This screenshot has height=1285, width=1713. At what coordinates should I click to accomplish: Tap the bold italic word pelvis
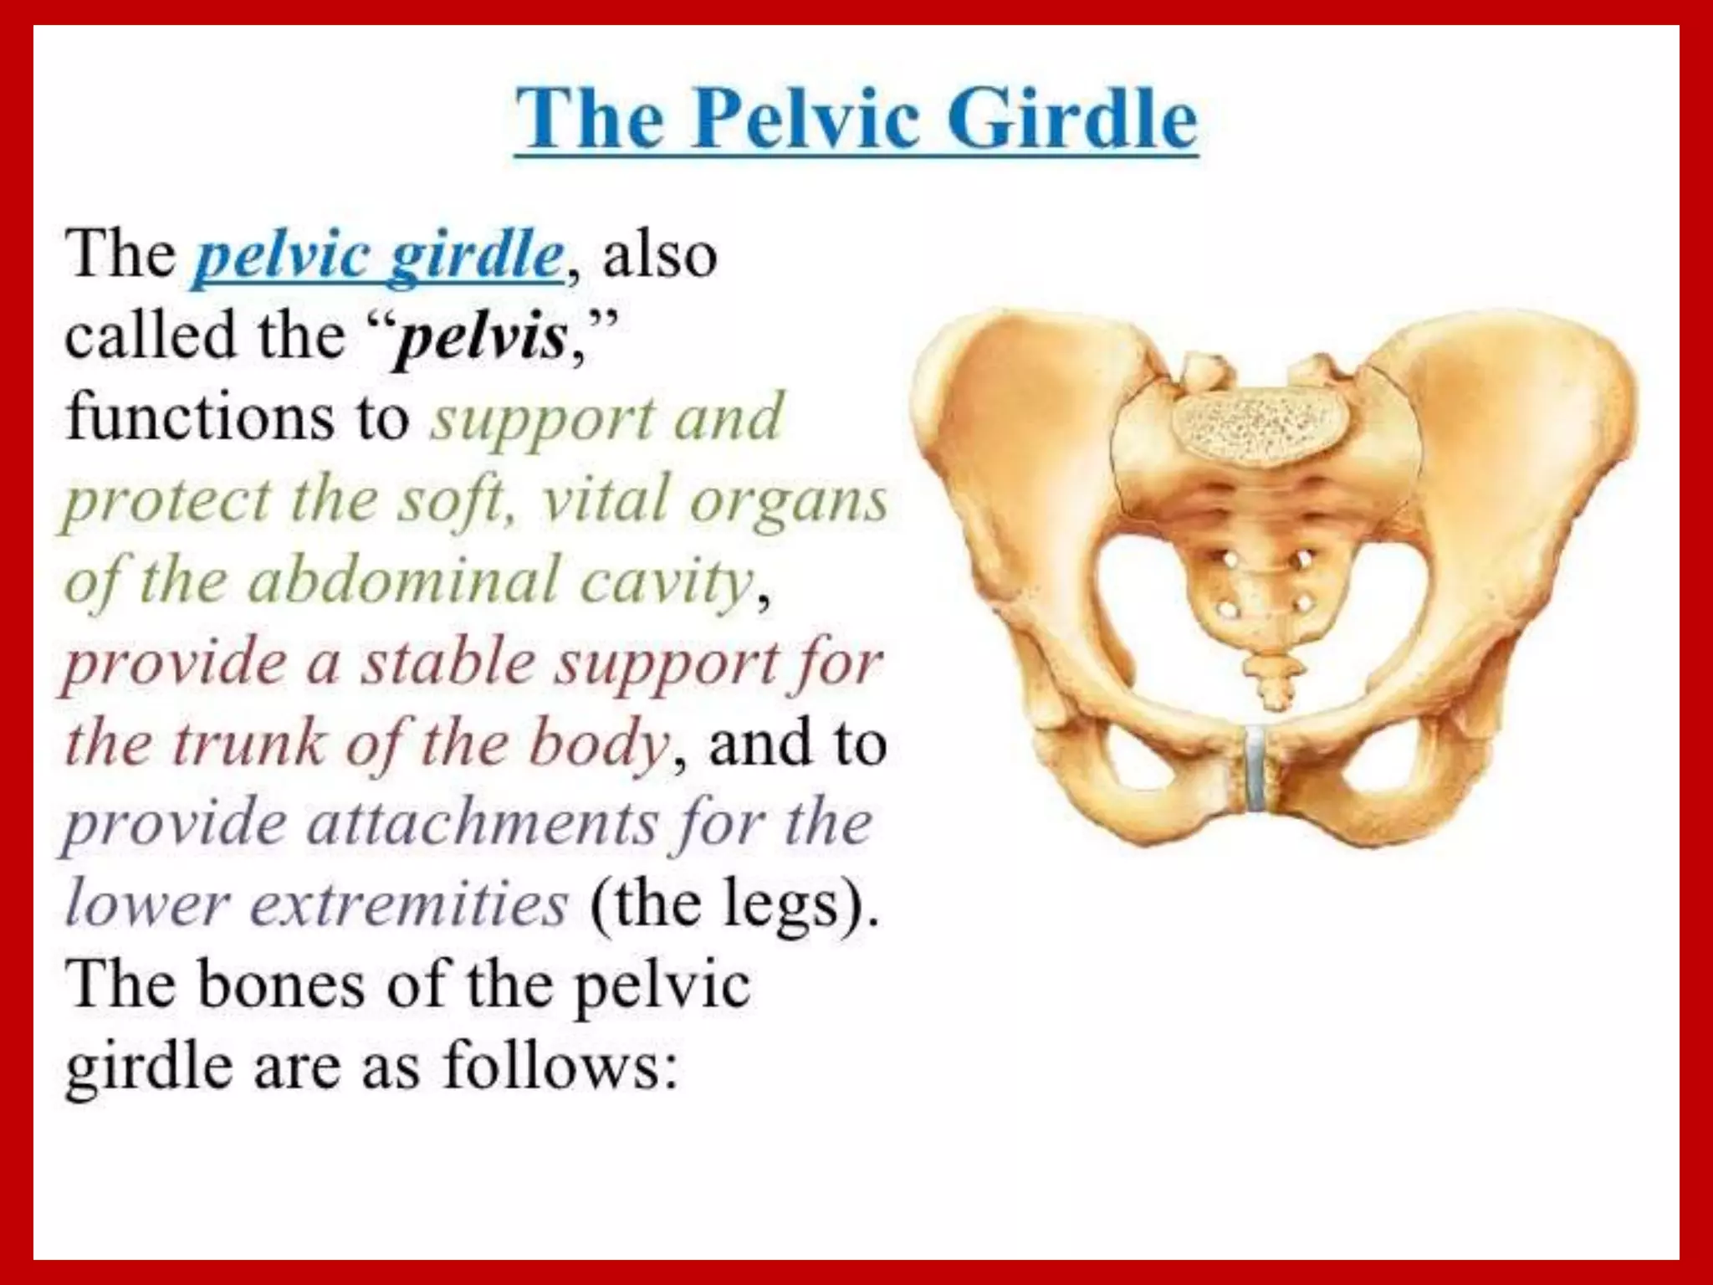482,336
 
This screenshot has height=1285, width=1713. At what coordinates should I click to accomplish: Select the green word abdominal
403,581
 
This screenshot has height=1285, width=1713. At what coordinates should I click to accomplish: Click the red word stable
447,663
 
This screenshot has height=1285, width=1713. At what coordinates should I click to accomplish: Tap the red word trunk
248,743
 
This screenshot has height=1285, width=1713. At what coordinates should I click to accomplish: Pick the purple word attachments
483,823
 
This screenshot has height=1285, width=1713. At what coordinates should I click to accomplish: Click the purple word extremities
409,904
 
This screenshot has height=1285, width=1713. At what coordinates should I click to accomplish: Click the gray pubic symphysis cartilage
1255,768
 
